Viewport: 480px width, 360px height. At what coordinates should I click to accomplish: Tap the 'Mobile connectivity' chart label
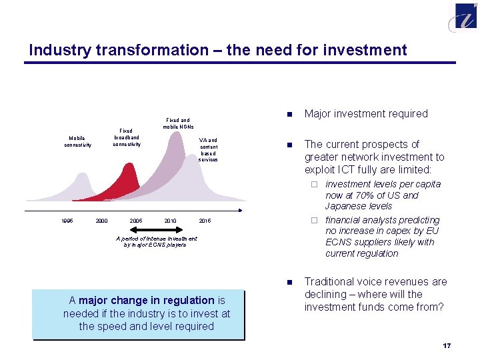tap(78, 141)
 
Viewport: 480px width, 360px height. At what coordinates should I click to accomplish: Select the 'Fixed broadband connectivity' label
tap(126, 137)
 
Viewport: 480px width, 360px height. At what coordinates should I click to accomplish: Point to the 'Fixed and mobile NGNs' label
tap(177, 123)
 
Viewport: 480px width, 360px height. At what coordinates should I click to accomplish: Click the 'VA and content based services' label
tap(208, 150)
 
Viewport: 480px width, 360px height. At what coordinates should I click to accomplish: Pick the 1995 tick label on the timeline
tap(67, 221)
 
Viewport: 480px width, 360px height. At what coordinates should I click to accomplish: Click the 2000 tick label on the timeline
tap(101, 221)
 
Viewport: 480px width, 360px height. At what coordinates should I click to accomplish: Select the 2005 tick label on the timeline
tap(136, 221)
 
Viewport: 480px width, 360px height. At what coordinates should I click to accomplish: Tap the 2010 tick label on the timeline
tap(170, 221)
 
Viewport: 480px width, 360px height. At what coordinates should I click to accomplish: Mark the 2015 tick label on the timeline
tap(205, 221)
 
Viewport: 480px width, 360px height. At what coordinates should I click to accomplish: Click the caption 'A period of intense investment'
tap(157, 238)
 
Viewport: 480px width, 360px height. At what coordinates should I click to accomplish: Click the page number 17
tap(447, 345)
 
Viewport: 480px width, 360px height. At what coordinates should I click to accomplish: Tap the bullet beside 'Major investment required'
tap(289, 114)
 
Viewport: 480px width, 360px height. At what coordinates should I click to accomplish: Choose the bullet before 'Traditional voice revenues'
tap(289, 283)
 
